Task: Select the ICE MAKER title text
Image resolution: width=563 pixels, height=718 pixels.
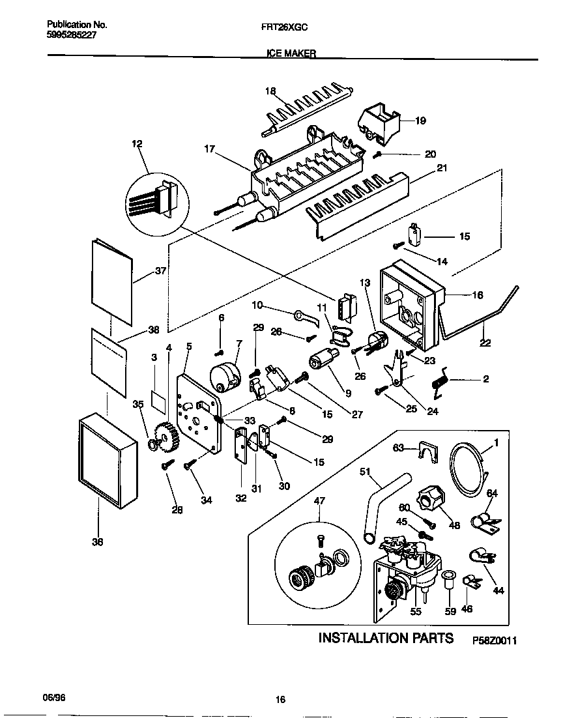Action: (291, 55)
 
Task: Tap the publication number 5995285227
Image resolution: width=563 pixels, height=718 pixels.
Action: (72, 36)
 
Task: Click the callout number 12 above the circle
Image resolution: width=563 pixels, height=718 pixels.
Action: (137, 144)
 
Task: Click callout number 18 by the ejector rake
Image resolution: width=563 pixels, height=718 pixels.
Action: (271, 91)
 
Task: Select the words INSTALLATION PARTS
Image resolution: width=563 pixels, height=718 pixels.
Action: (385, 638)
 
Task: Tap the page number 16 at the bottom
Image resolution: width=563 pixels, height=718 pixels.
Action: (280, 700)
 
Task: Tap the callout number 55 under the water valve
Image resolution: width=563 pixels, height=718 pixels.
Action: (416, 611)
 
